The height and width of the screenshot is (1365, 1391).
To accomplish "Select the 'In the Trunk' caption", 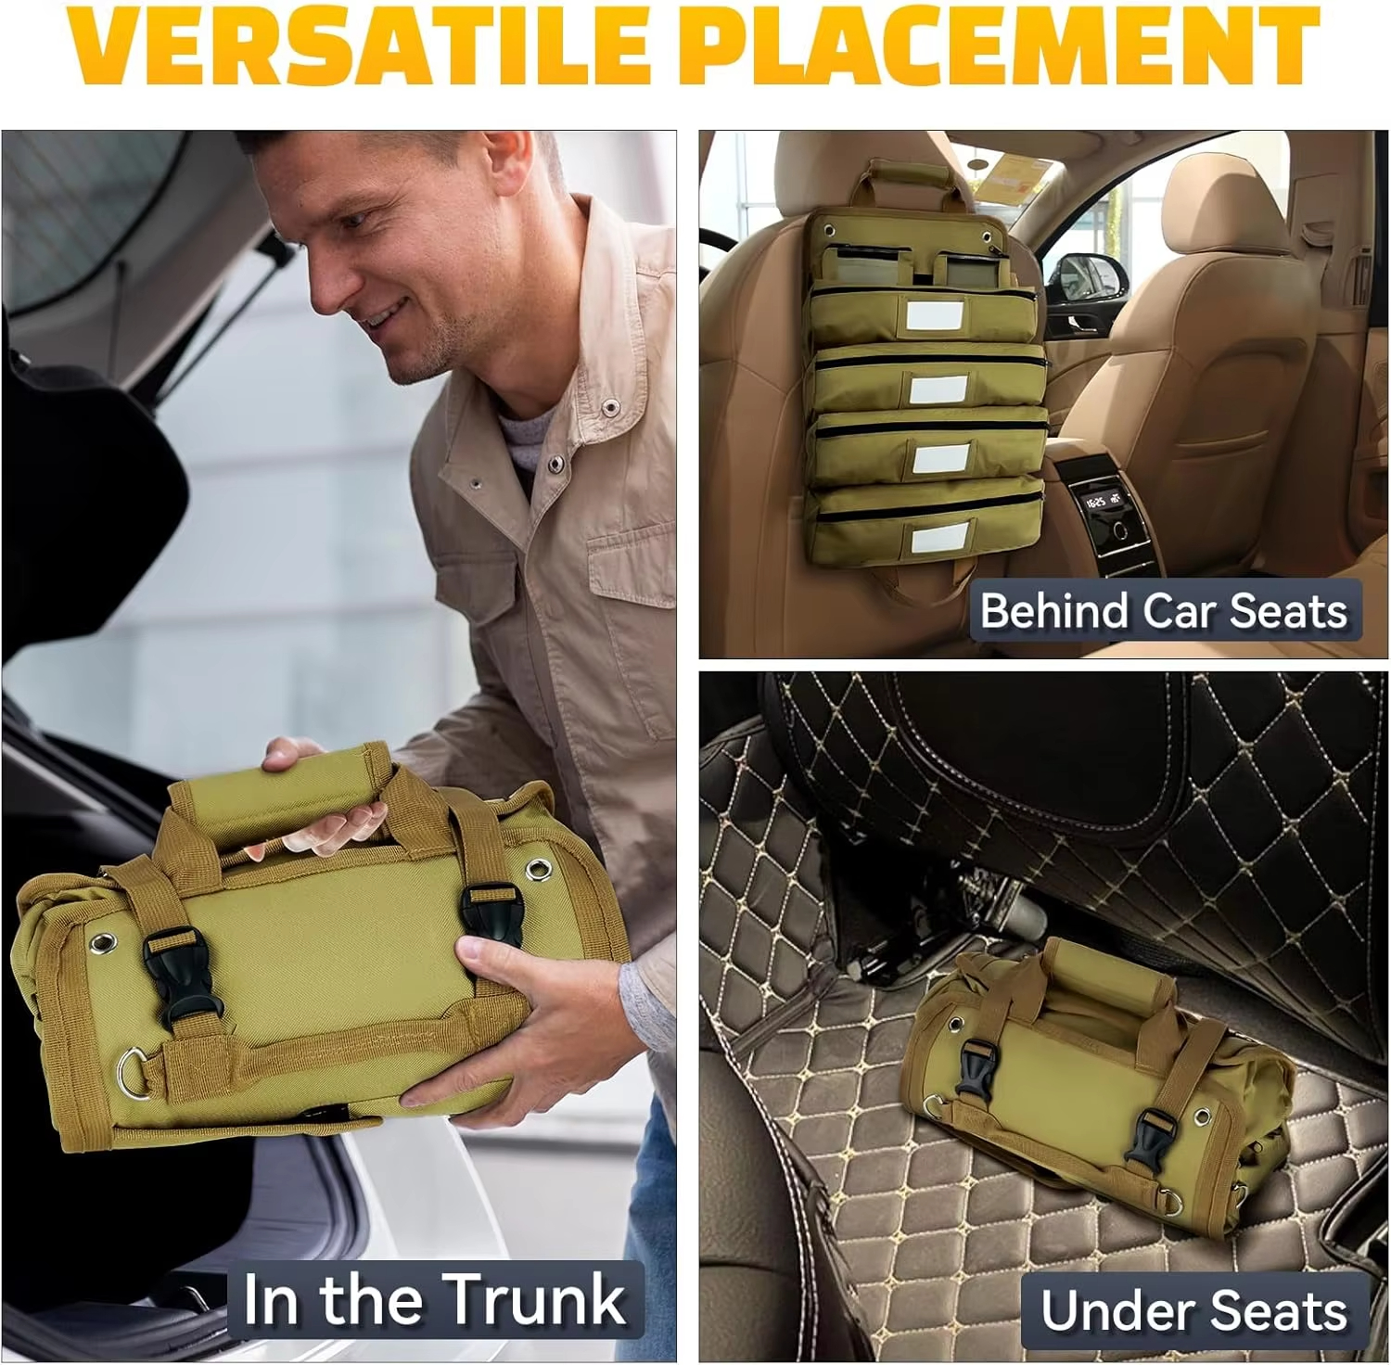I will tap(434, 1299).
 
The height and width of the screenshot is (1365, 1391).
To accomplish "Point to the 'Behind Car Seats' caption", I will tap(1164, 611).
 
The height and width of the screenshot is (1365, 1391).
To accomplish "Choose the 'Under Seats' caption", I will tap(1193, 1311).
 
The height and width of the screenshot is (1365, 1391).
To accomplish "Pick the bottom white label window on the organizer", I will tap(940, 539).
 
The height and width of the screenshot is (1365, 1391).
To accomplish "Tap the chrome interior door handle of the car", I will tap(1079, 324).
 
